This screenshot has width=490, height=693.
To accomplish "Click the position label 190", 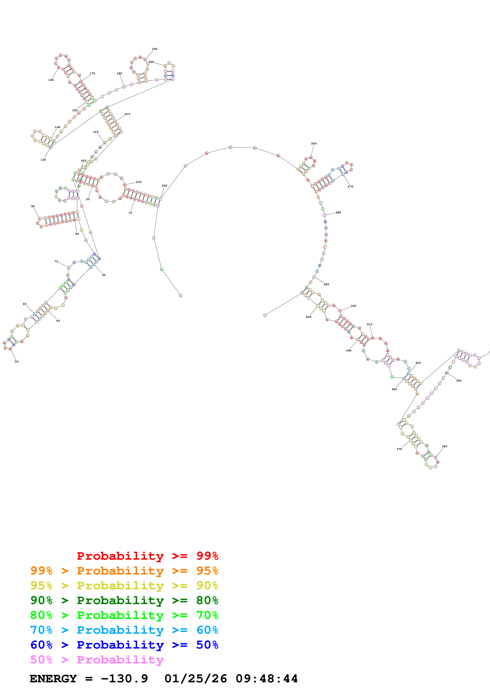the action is click(154, 49).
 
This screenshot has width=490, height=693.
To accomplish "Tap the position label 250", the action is click(314, 144).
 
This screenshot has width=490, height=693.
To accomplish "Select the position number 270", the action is click(350, 186).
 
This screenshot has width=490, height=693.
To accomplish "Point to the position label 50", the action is click(17, 362).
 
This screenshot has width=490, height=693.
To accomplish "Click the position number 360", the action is click(444, 446).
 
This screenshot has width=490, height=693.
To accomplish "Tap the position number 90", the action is click(33, 206).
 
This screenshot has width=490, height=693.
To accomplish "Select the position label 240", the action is click(164, 186).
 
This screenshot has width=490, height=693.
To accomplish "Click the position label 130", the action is click(43, 160).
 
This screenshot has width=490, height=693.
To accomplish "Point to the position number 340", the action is click(459, 381).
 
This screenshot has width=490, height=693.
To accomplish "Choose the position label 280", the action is click(338, 213).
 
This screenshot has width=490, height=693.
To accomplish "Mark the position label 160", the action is click(51, 80).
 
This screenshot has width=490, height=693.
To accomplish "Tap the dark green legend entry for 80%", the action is click(124, 600).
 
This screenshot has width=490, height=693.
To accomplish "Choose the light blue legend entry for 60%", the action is click(124, 630).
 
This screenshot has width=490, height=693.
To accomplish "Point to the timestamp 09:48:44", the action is click(267, 679).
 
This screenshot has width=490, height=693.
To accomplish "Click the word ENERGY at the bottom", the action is click(53, 679).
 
